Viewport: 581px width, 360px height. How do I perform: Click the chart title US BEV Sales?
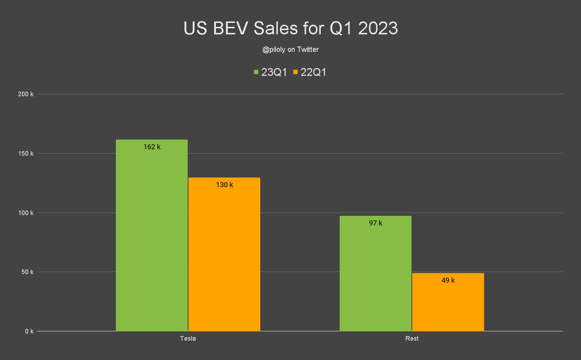pos(290,29)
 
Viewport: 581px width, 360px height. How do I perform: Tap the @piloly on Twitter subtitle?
pos(290,49)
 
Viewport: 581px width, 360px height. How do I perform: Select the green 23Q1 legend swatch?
pos(257,72)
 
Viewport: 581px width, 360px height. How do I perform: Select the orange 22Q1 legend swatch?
pos(295,72)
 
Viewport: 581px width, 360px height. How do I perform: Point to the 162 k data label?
pos(152,146)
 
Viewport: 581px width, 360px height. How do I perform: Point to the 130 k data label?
pos(224,185)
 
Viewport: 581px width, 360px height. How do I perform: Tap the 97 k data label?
pos(375,223)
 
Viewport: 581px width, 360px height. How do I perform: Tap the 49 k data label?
pos(448,280)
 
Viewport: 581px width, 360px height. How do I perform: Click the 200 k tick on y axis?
pos(25,94)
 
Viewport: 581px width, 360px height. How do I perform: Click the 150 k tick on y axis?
pos(25,154)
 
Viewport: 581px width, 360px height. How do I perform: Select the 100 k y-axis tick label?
pos(25,213)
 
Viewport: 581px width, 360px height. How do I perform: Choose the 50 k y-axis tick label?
pos(27,272)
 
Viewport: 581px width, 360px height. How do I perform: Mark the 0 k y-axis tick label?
pos(29,331)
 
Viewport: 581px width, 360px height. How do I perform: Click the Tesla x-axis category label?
pos(188,339)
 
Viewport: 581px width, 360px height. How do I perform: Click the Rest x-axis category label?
pos(412,339)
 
